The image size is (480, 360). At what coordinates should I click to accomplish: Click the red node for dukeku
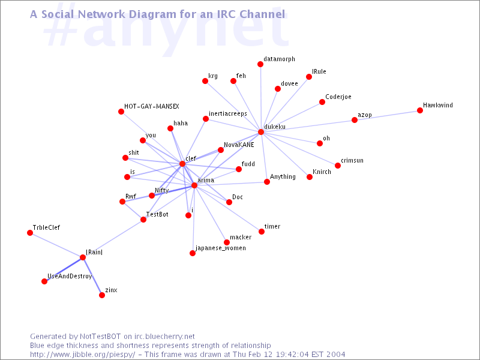[261, 132]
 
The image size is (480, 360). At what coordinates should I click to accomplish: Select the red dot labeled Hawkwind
[420, 110]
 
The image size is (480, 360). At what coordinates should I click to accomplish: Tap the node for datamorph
[260, 64]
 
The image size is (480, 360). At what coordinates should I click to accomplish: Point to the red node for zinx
[102, 295]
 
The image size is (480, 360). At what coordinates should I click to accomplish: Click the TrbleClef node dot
[30, 233]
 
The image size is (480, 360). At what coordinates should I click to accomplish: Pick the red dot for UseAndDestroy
[44, 281]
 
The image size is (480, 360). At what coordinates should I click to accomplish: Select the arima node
[194, 185]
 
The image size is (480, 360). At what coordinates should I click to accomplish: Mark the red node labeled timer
[262, 232]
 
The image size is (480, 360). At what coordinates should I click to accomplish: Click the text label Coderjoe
[338, 97]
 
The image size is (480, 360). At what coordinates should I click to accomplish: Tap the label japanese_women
[220, 248]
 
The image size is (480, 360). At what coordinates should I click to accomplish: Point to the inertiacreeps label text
[228, 113]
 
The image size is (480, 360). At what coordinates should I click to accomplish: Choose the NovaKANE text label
[239, 145]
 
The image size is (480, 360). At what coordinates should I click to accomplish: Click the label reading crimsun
[352, 160]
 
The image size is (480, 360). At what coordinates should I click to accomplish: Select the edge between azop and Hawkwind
[387, 115]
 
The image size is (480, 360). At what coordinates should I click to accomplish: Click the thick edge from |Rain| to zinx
[92, 276]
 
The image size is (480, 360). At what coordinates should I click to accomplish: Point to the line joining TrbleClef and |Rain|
[56, 245]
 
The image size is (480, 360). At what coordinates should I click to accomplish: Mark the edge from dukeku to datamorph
[260, 98]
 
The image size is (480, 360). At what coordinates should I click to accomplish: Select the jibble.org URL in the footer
[82, 355]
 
